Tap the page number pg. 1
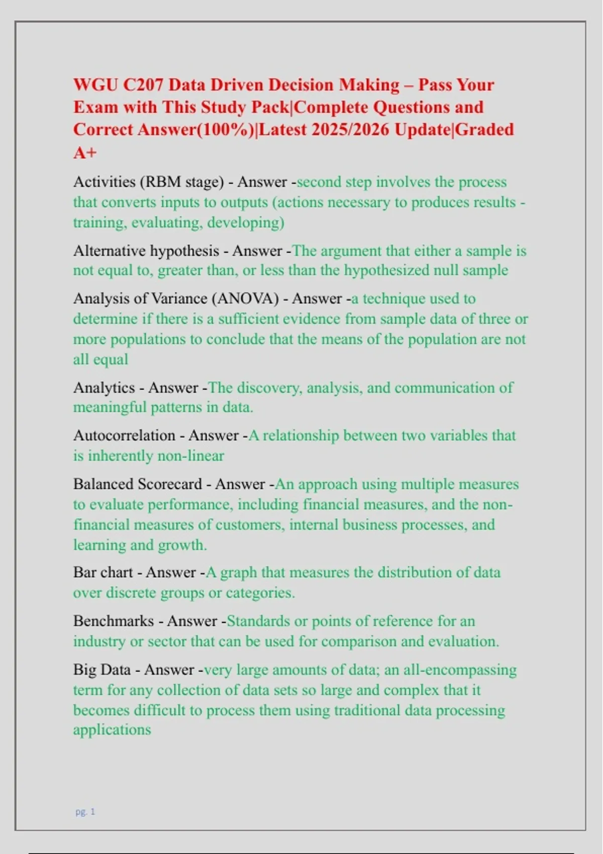85,811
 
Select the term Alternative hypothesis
146,250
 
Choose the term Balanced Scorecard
137,484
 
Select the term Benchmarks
113,621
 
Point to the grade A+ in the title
84,152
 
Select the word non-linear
190,456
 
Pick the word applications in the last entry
112,729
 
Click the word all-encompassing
459,670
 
